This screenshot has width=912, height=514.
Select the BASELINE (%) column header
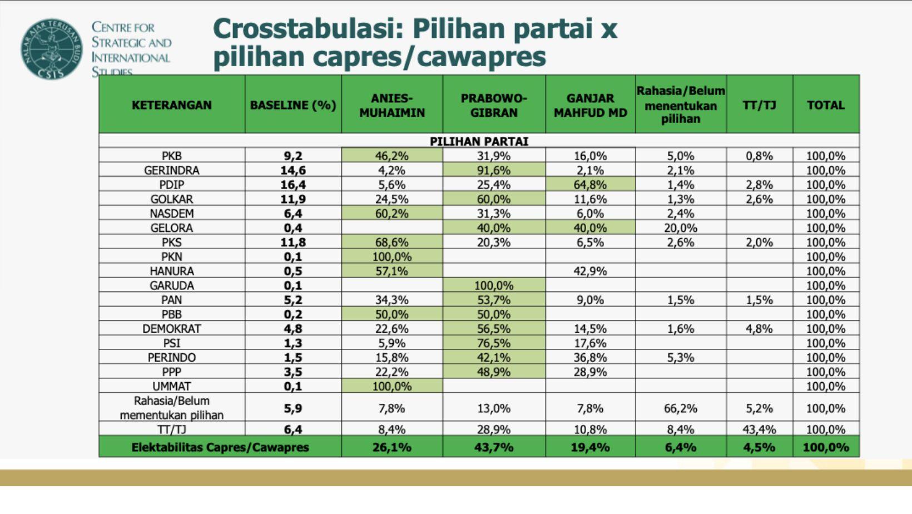tap(293, 105)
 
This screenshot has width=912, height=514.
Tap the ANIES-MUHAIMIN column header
tap(392, 105)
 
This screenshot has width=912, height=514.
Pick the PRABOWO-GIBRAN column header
tap(494, 105)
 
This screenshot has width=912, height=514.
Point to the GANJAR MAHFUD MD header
tap(590, 105)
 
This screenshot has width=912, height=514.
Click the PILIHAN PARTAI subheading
tap(479, 141)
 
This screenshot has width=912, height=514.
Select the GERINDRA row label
tap(171, 170)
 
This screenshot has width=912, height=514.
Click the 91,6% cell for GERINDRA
tap(494, 170)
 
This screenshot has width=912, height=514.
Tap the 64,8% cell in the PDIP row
tap(590, 185)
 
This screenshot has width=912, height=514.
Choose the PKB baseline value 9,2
tap(293, 156)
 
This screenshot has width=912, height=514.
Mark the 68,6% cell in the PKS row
tap(392, 243)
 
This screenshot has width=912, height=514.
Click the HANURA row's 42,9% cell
tap(590, 271)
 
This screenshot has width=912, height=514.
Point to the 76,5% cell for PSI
tap(494, 343)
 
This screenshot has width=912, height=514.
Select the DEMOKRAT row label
tap(171, 329)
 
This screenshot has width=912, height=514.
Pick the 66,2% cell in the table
tap(681, 408)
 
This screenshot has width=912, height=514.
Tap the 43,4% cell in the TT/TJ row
tap(759, 429)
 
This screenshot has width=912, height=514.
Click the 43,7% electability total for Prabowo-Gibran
tap(494, 447)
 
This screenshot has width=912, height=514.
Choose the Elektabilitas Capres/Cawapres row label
tap(220, 447)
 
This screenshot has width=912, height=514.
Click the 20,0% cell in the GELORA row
tap(681, 228)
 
